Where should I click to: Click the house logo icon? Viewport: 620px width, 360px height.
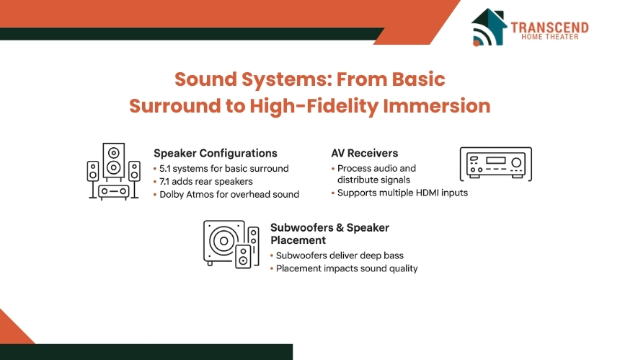click(489, 27)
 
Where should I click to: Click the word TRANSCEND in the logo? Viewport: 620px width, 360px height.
click(549, 27)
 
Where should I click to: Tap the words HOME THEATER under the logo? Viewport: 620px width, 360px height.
click(549, 37)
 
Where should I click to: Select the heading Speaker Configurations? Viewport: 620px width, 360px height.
click(216, 154)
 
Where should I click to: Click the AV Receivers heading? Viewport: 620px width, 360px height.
click(365, 153)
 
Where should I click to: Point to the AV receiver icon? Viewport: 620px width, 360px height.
click(496, 164)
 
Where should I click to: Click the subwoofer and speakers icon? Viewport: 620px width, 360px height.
click(231, 244)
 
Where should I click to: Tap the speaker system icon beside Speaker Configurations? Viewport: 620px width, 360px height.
click(113, 171)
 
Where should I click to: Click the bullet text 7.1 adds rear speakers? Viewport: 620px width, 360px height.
click(206, 182)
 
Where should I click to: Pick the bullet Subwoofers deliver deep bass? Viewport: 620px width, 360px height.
click(340, 255)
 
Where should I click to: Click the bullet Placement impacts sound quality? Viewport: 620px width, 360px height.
click(347, 268)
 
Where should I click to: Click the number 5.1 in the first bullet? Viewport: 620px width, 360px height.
click(165, 169)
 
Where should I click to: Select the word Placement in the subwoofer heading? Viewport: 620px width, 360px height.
click(298, 240)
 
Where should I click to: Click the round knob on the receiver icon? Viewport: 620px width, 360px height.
click(516, 162)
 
